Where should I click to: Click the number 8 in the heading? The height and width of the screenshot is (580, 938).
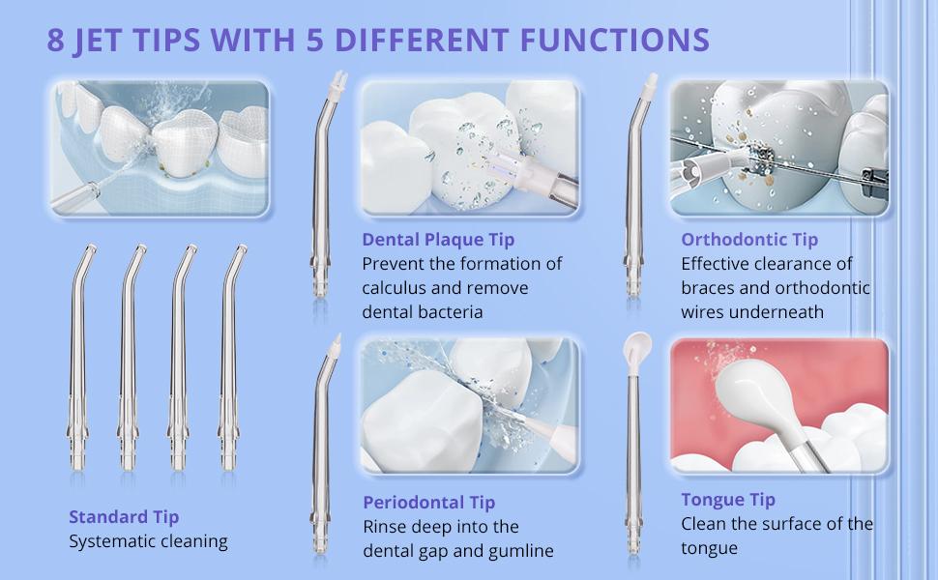55,40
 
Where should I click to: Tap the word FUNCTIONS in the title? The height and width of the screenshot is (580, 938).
614,40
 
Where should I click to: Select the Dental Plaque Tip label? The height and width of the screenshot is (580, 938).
438,239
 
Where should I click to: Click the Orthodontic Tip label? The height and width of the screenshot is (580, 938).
749,239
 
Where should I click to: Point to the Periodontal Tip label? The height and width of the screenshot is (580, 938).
429,503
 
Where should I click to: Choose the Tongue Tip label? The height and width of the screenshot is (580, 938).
727,499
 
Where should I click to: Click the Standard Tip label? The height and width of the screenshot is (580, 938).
124,516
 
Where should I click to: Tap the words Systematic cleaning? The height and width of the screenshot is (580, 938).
148,541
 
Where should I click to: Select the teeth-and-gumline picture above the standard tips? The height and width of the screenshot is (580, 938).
160,148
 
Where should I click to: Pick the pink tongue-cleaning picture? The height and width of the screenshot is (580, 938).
778,406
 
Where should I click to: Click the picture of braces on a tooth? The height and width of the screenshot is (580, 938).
778,148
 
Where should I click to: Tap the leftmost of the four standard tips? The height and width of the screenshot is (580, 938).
77,359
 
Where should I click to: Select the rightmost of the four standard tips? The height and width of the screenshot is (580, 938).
229,359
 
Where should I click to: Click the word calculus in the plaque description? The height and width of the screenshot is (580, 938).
394,288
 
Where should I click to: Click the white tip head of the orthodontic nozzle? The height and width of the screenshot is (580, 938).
650,85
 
